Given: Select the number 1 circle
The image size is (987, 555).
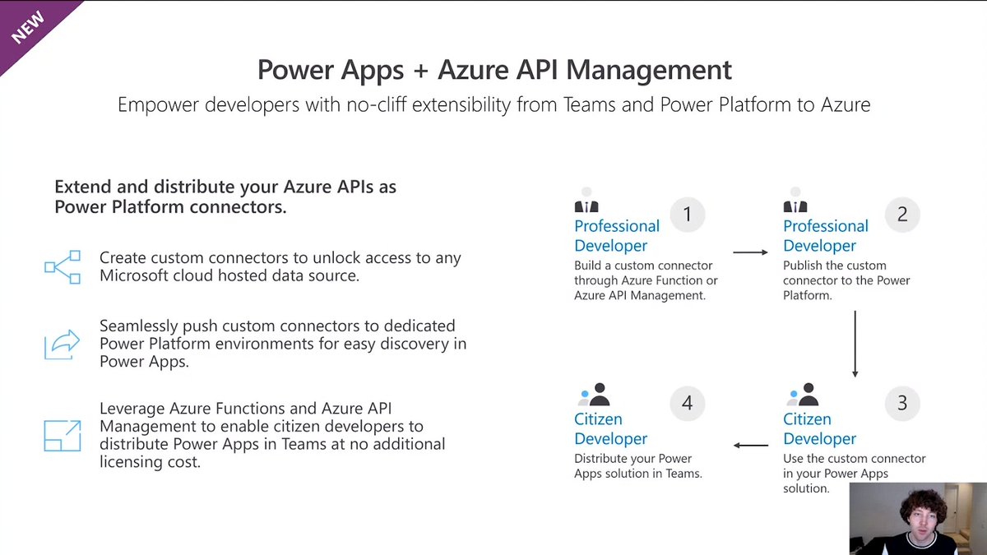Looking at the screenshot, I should point(688,215).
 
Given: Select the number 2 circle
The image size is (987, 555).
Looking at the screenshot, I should point(902,215).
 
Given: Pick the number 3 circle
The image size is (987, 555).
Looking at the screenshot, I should point(902,403).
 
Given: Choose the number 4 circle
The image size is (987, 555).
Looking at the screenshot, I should point(688,403).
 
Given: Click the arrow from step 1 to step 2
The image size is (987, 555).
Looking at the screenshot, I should point(750,252).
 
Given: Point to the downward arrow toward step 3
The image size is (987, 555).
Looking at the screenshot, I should point(855,343).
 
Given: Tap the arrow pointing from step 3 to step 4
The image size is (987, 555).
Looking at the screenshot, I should point(750,446).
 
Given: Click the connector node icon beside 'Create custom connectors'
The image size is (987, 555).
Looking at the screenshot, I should point(63,266).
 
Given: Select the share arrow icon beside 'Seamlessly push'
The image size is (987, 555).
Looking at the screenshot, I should point(63,345).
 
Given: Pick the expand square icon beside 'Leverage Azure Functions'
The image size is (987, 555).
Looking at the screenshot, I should point(63,435).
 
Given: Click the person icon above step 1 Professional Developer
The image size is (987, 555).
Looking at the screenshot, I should point(586,202).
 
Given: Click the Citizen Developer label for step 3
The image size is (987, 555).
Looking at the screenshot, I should point(819,428).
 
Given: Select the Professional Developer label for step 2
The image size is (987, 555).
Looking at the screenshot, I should point(825,236).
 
